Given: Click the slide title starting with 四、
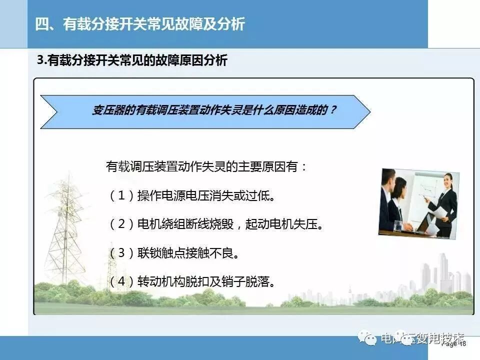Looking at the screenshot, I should pyautogui.click(x=140, y=24).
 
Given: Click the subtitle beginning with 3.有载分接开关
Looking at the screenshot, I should pyautogui.click(x=132, y=60).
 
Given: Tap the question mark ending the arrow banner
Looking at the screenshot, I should pyautogui.click(x=333, y=110).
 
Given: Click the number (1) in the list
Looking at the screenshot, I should pyautogui.click(x=120, y=195).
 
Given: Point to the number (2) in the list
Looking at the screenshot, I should pyautogui.click(x=120, y=224).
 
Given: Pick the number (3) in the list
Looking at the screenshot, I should pyautogui.click(x=120, y=253).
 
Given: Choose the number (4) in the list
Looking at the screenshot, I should pyautogui.click(x=120, y=281).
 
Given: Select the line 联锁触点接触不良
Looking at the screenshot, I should pyautogui.click(x=188, y=253).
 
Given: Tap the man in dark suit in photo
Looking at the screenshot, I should pyautogui.click(x=387, y=200).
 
